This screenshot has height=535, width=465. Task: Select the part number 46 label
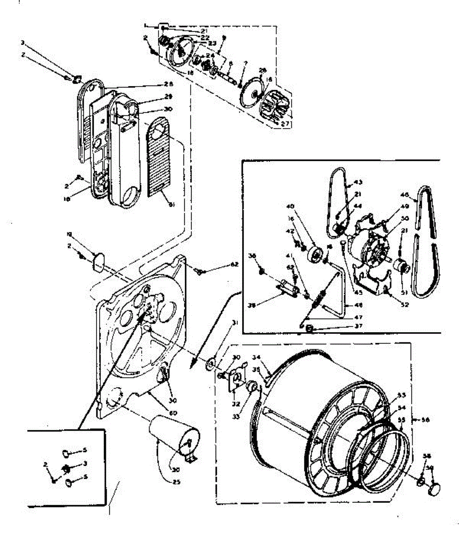[405, 195]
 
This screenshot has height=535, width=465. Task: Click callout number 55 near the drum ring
[401, 420]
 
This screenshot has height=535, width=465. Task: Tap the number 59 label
[430, 468]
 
